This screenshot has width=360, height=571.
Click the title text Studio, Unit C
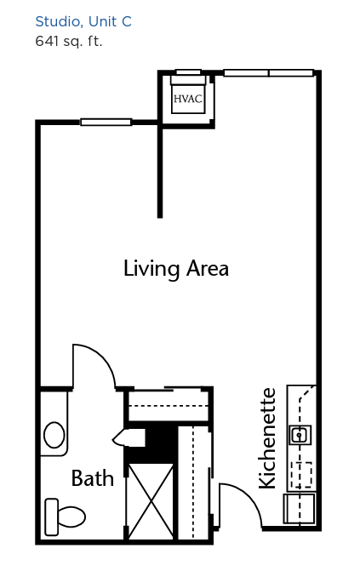tap(83, 22)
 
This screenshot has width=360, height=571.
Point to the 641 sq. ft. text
tap(68, 41)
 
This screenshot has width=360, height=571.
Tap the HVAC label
tap(187, 99)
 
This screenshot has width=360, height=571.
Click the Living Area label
tap(176, 269)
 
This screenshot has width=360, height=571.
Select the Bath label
tap(92, 478)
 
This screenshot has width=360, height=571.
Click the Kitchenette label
tap(266, 438)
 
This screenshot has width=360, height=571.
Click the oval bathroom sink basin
tap(54, 435)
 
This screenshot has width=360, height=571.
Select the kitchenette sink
tap(300, 435)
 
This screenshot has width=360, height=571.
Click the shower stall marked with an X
tap(151, 501)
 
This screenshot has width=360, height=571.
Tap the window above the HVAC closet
tap(188, 72)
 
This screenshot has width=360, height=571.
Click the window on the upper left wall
tap(106, 122)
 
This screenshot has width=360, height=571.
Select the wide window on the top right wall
tap(269, 73)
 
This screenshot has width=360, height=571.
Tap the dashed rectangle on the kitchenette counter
tap(301, 475)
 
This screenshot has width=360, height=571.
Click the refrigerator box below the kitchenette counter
tap(300, 508)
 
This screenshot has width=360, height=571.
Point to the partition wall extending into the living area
tap(160, 170)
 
